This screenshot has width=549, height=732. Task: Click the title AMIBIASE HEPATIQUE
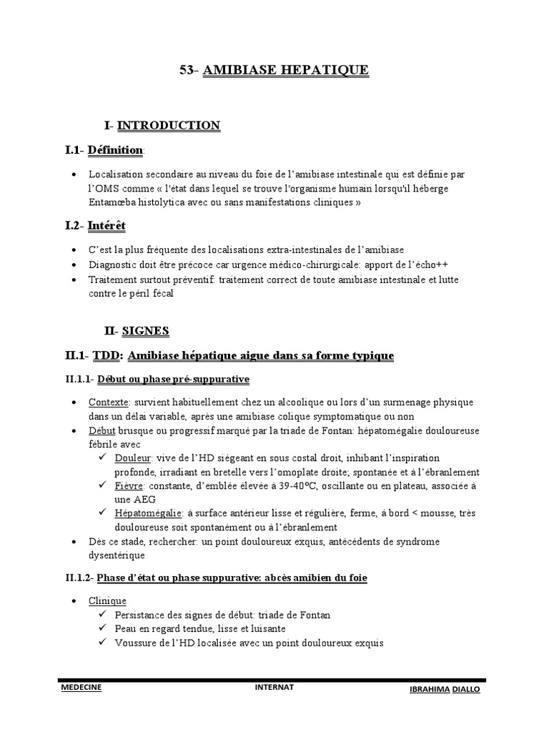click(286, 70)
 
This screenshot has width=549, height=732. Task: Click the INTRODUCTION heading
click(169, 126)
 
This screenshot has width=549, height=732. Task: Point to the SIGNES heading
click(146, 330)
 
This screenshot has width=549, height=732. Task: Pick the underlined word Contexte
click(109, 402)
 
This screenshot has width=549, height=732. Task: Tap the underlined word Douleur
click(132, 457)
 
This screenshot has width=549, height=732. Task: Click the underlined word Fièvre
click(129, 485)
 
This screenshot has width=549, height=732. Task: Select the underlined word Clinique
click(107, 601)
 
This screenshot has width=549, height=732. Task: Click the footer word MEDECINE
click(82, 687)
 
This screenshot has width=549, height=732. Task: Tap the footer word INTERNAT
click(274, 687)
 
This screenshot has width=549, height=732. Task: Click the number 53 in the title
click(186, 70)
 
